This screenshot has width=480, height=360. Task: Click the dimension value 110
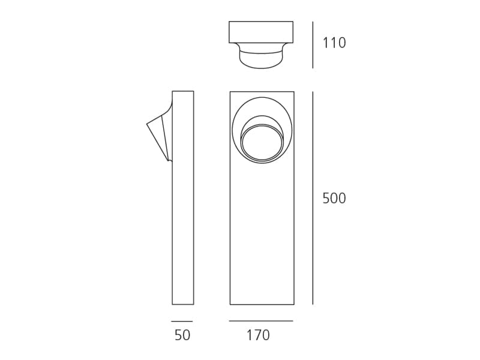click(334, 43)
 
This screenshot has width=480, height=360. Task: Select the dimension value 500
click(334, 199)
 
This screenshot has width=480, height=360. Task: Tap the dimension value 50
click(182, 335)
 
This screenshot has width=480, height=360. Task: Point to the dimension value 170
click(258, 335)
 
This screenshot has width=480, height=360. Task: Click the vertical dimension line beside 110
click(313, 44)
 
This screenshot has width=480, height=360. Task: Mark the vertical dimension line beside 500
click(313, 198)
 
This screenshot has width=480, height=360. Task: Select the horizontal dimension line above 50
click(182, 322)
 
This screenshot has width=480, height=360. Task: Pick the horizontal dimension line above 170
click(261, 321)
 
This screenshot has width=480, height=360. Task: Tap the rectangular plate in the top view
click(261, 32)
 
